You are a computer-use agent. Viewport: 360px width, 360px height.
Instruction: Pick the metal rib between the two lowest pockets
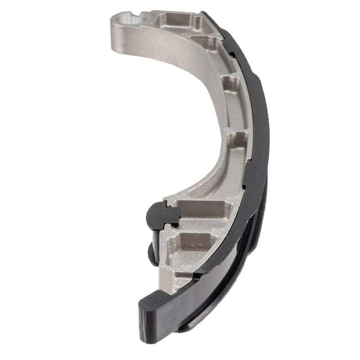tap(198, 227)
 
